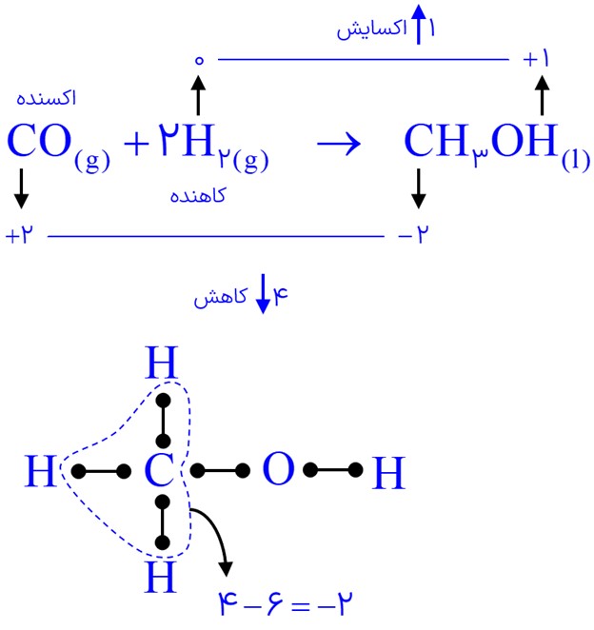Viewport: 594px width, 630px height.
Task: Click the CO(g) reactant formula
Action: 58,147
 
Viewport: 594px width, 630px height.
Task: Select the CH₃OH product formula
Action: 497,147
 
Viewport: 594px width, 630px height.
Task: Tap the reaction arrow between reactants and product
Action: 339,144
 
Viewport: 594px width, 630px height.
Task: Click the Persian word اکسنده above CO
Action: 46,98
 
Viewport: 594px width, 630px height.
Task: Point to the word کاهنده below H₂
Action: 198,196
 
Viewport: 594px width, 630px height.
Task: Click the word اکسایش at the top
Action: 372,29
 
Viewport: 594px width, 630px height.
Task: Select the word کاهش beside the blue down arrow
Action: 220,297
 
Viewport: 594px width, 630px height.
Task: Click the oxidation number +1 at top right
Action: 536,59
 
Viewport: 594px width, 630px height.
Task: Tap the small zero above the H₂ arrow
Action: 199,60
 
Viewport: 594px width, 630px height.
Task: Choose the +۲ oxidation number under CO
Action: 19,234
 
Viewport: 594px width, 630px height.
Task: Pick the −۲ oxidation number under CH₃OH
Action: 413,234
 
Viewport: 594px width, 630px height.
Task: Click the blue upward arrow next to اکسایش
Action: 419,24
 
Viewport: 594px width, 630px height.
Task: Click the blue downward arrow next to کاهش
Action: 263,294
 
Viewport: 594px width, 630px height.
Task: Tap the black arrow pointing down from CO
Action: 21,188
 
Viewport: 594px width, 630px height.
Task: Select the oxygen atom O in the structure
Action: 278,470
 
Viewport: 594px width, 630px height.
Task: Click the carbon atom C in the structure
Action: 160,470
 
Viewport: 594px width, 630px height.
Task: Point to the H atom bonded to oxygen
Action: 388,472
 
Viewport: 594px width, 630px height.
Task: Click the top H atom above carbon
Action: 161,363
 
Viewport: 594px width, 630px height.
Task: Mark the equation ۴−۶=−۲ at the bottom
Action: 286,603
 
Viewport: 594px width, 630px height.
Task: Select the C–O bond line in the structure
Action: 220,470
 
